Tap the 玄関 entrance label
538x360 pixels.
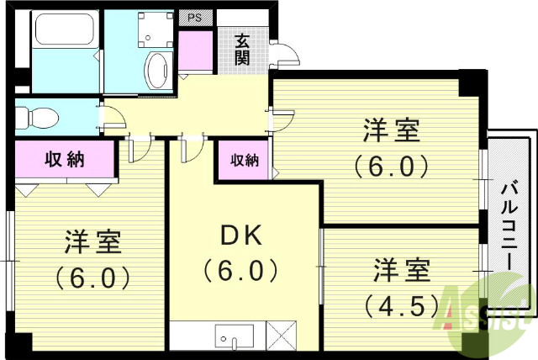(242, 49)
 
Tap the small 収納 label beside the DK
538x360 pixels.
(244, 160)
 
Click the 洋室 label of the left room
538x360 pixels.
(94, 242)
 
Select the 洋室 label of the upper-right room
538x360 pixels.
(392, 132)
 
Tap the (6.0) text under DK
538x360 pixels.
(240, 272)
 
